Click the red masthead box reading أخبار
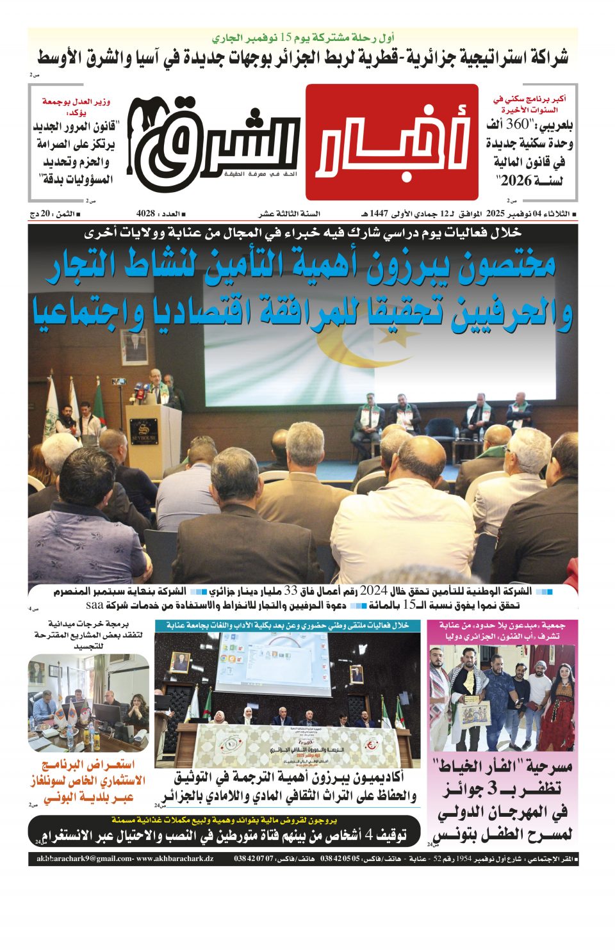(x=391, y=142)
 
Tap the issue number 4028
(x=145, y=213)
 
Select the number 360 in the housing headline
(x=517, y=124)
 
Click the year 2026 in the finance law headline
(x=516, y=181)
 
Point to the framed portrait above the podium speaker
(x=133, y=347)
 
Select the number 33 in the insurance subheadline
(x=291, y=591)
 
